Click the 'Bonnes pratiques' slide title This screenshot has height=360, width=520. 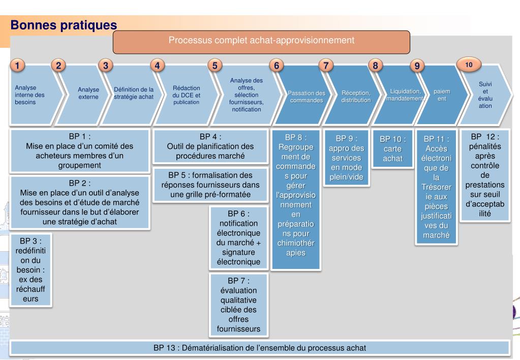coord(64,25)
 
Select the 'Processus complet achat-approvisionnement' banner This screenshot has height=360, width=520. coord(261,42)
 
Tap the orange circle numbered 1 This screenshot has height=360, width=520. coord(17,65)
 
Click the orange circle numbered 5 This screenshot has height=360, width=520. coord(215,66)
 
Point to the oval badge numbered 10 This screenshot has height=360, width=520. coord(469,65)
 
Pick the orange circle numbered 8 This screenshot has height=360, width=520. coord(376,66)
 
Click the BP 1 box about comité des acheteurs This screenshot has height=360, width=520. coord(80,151)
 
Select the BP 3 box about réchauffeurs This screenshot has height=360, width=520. coord(30,269)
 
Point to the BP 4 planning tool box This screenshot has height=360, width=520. coord(210,146)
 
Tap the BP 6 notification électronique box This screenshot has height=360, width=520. coord(238,237)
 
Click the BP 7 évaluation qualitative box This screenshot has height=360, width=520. coord(238,305)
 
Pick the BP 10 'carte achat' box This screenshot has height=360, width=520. coord(392,148)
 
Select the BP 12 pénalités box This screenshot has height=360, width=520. coord(485,175)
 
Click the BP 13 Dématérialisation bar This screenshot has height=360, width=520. coord(260,348)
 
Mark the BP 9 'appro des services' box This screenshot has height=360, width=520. coord(346,158)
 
